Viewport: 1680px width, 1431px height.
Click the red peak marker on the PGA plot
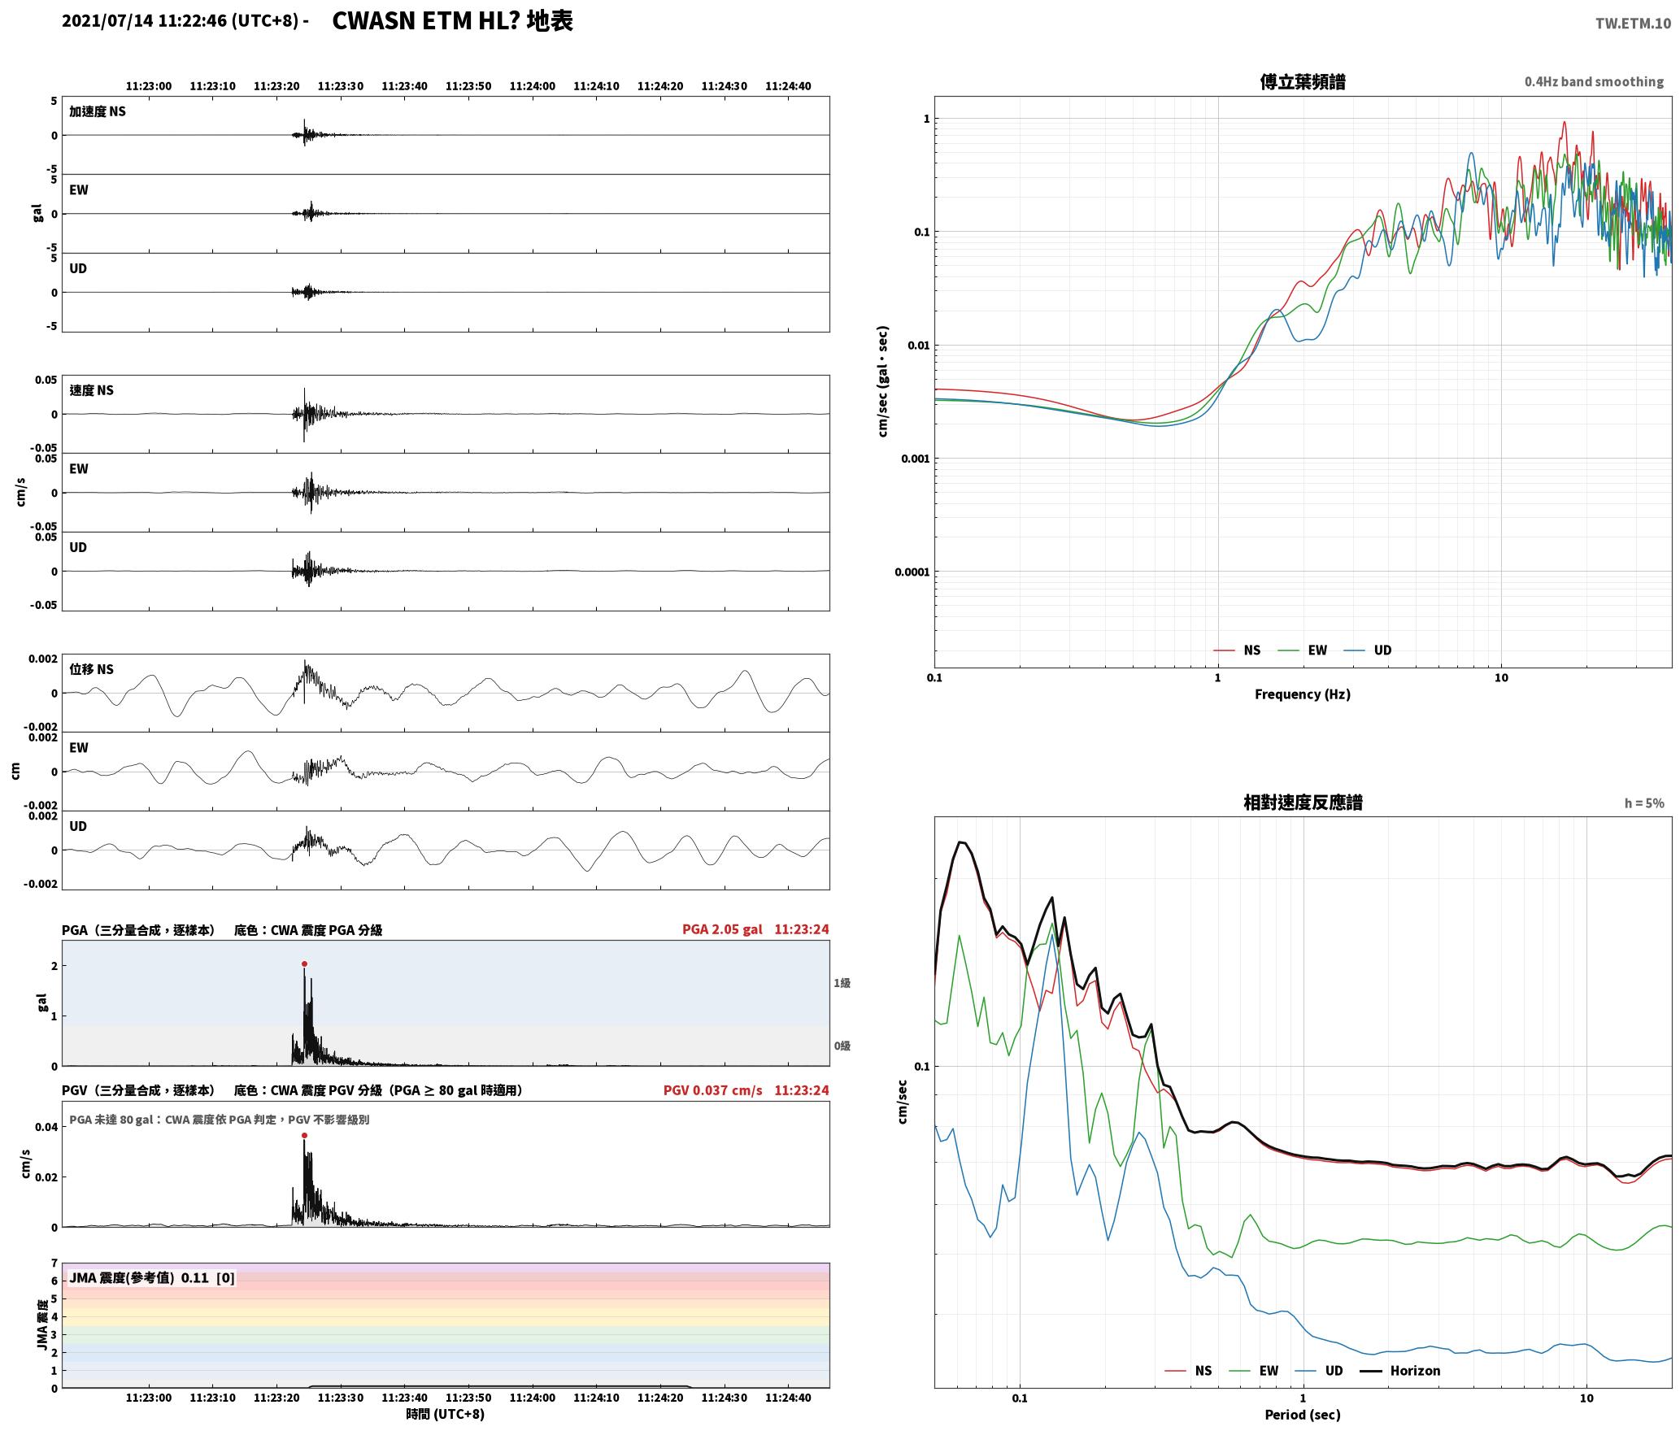pyautogui.click(x=304, y=963)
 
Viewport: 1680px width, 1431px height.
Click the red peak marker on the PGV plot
pyautogui.click(x=304, y=1135)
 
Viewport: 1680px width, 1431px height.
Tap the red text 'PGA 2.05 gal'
pyautogui.click(x=722, y=929)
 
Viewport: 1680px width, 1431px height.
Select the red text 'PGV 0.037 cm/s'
pyautogui.click(x=713, y=1090)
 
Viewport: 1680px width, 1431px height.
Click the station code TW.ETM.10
pyautogui.click(x=1633, y=23)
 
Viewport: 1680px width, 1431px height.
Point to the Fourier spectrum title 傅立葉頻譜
pyautogui.click(x=1303, y=81)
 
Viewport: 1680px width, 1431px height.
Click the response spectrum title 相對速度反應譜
pyautogui.click(x=1303, y=802)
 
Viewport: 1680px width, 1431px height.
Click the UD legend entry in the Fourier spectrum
pyautogui.click(x=1368, y=650)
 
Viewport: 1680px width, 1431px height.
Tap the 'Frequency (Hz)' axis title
pyautogui.click(x=1303, y=694)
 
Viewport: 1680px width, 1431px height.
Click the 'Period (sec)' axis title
pyautogui.click(x=1303, y=1414)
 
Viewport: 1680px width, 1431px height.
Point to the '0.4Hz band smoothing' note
pyautogui.click(x=1594, y=81)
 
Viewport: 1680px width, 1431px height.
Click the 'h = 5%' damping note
pyautogui.click(x=1644, y=803)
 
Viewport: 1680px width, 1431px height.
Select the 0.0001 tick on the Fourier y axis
pyautogui.click(x=911, y=572)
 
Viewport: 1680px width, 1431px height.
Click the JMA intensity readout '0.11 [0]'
pyautogui.click(x=207, y=1277)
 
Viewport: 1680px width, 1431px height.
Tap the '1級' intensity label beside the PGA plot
pyautogui.click(x=842, y=983)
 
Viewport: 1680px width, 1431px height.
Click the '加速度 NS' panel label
pyautogui.click(x=98, y=111)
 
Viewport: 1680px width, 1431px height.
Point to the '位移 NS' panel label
pyautogui.click(x=91, y=669)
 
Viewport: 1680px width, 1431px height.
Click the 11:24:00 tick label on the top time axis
pyautogui.click(x=533, y=86)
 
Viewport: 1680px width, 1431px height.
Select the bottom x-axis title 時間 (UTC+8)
pyautogui.click(x=446, y=1414)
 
